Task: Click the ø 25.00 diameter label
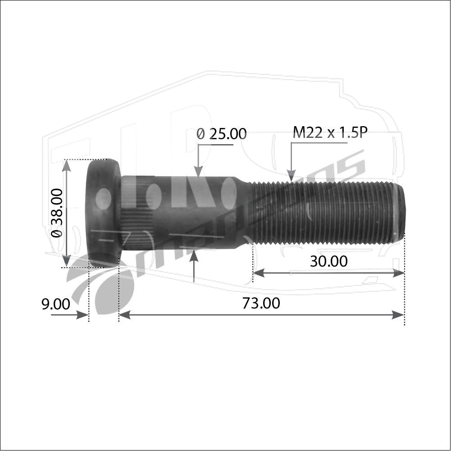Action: [x=222, y=134]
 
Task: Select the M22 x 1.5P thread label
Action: [x=330, y=132]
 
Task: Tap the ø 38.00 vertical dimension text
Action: [x=57, y=213]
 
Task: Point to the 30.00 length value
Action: [x=328, y=261]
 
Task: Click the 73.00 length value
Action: [x=261, y=303]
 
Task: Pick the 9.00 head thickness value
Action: [x=56, y=304]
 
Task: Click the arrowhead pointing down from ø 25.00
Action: [x=198, y=172]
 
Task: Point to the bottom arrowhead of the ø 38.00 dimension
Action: [x=66, y=261]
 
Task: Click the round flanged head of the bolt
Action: [x=103, y=212]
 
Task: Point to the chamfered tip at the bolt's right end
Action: [x=400, y=212]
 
